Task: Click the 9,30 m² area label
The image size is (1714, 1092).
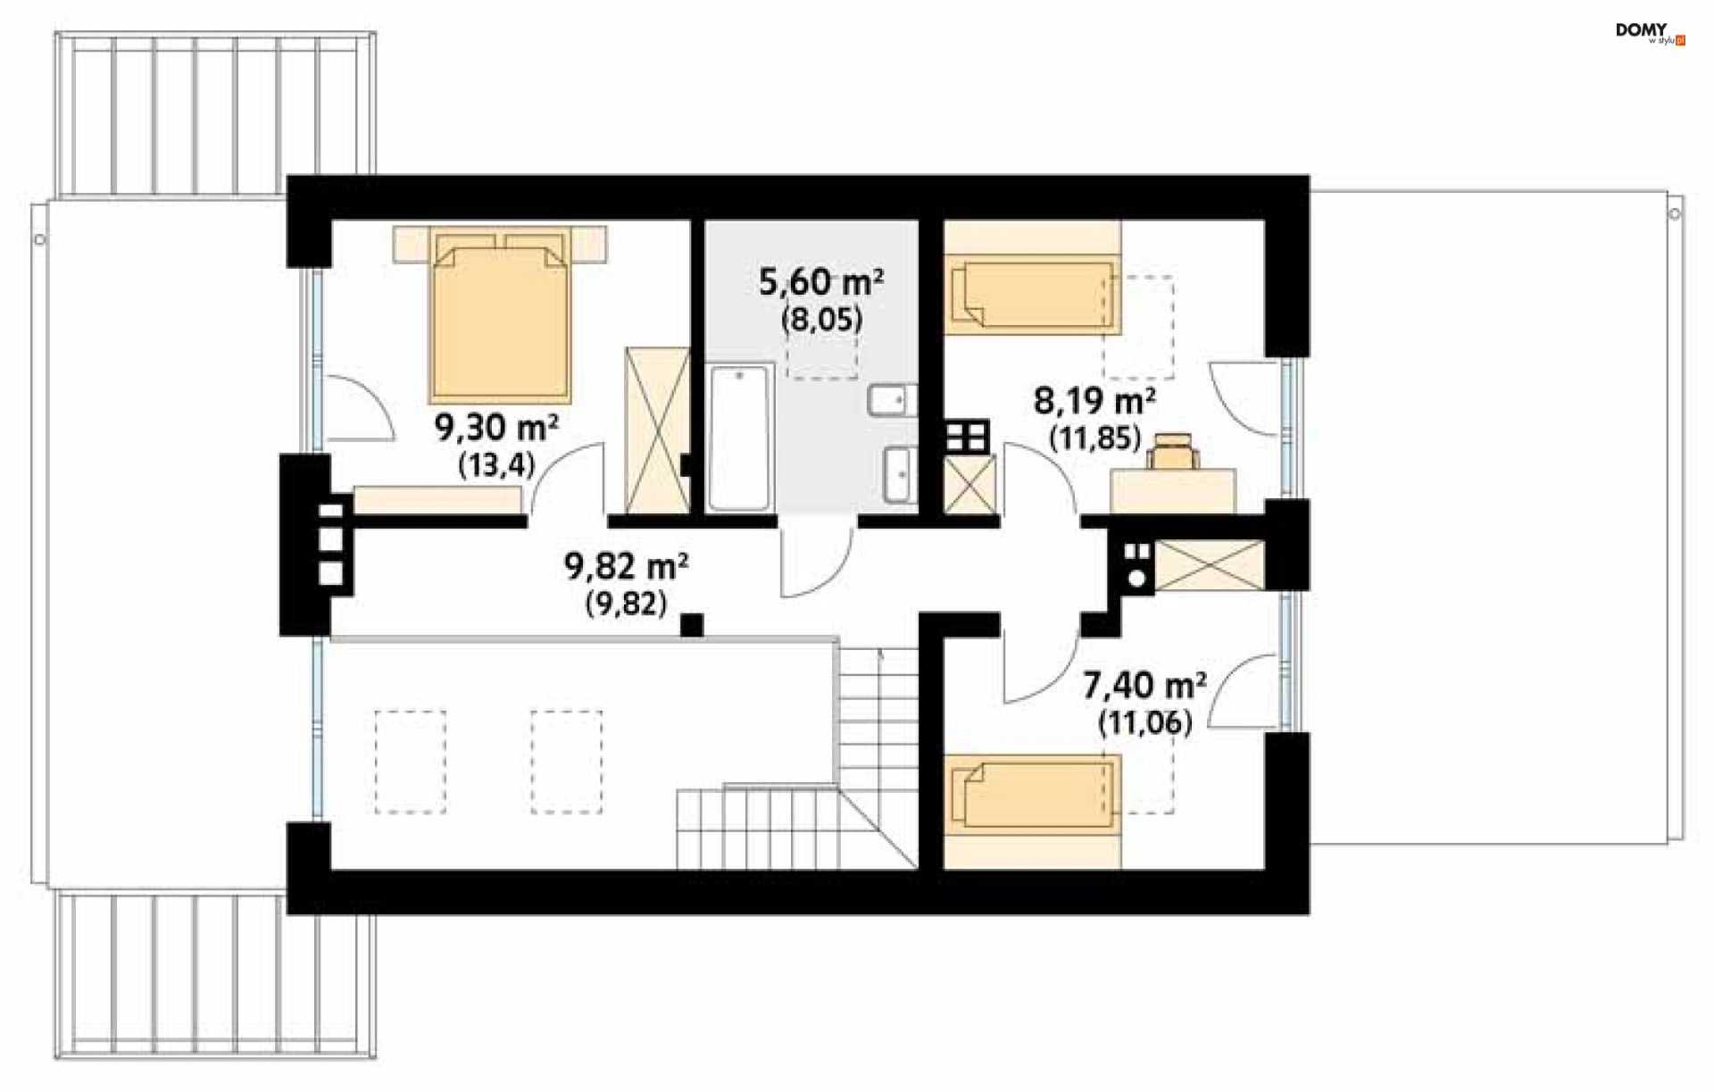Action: click(497, 428)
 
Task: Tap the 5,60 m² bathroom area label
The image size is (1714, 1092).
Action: click(821, 282)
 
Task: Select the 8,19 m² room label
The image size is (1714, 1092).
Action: click(1094, 401)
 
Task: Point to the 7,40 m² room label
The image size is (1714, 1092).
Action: click(1144, 686)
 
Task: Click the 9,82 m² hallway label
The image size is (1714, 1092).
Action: click(626, 566)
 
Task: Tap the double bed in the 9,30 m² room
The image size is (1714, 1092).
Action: click(500, 313)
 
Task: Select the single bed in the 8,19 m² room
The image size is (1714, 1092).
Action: click(1034, 293)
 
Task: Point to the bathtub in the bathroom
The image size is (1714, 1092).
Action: click(739, 438)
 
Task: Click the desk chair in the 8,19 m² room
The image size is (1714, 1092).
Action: click(1173, 451)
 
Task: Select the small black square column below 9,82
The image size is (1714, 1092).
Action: click(692, 625)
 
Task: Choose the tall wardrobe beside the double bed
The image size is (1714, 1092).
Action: click(658, 431)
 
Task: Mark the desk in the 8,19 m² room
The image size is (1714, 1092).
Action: click(1173, 492)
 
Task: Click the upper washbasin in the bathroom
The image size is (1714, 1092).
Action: click(892, 401)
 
